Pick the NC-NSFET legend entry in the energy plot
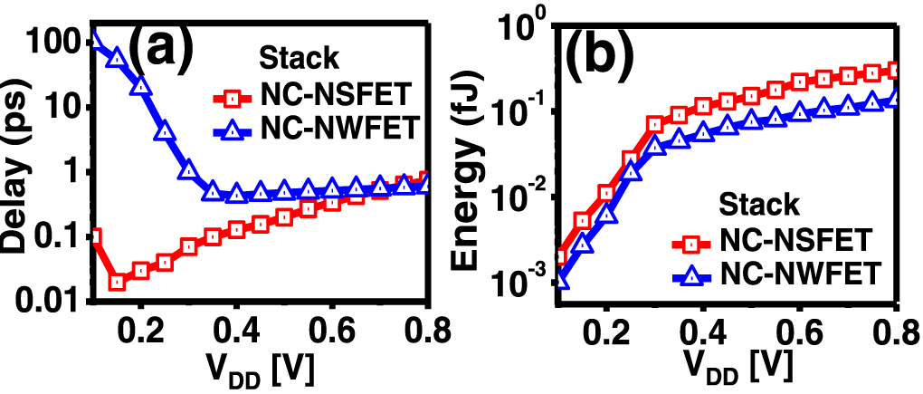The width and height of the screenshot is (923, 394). [x=796, y=240]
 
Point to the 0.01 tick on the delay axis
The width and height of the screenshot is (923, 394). [x=51, y=300]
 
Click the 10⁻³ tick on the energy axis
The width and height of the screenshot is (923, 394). [x=519, y=286]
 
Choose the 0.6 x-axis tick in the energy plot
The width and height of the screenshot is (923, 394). [x=798, y=327]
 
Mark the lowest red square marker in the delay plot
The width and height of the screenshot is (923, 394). [x=118, y=283]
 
